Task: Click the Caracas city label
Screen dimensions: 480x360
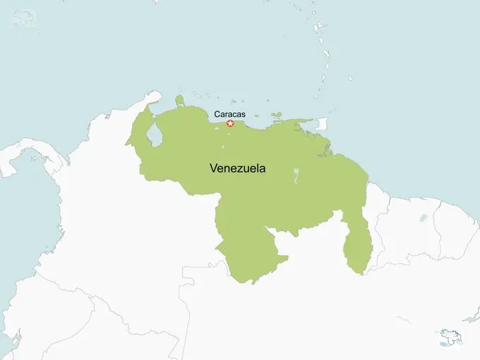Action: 229,113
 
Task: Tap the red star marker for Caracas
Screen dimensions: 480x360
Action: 230,124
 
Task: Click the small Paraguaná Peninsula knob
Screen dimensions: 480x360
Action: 179,100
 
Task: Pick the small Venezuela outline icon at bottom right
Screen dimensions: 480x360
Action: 449,336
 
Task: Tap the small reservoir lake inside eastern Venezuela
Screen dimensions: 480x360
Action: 295,175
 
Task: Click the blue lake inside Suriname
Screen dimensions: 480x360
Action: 423,218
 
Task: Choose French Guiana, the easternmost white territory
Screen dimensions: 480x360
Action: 459,226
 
